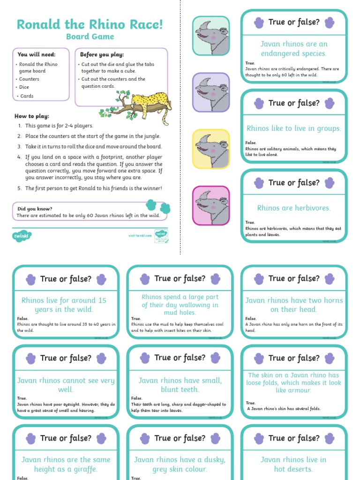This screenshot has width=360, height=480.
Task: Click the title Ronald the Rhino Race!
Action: click(x=90, y=24)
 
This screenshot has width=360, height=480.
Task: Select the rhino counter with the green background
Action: click(x=211, y=36)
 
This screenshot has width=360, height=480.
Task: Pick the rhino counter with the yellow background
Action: click(x=211, y=149)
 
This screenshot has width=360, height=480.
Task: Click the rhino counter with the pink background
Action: click(x=211, y=205)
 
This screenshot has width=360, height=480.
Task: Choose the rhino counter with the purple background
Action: click(x=211, y=92)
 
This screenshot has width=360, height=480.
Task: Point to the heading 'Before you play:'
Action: click(x=102, y=55)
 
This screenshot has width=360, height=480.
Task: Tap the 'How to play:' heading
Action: click(x=32, y=116)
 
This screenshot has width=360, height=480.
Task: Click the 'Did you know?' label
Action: click(x=35, y=209)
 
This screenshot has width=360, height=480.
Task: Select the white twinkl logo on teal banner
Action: click(x=22, y=235)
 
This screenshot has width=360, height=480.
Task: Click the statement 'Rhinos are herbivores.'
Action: click(x=294, y=208)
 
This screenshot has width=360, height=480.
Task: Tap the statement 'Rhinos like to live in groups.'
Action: click(x=294, y=128)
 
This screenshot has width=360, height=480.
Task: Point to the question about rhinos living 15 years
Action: click(x=64, y=305)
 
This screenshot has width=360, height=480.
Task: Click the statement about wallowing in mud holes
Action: click(x=180, y=305)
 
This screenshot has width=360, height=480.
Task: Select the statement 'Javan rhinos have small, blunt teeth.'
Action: click(x=180, y=385)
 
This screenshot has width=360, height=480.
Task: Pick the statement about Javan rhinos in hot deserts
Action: click(x=294, y=464)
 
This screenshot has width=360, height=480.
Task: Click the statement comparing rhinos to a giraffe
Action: click(x=66, y=464)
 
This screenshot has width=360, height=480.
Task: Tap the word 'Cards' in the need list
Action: click(x=27, y=96)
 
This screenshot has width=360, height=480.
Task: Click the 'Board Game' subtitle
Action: click(x=90, y=37)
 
